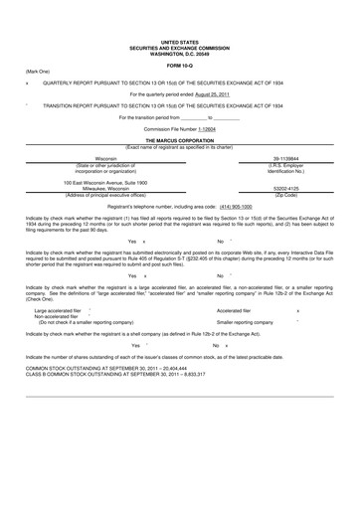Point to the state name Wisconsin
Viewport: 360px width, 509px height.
(105, 158)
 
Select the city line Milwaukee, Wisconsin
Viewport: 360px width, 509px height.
(105, 188)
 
